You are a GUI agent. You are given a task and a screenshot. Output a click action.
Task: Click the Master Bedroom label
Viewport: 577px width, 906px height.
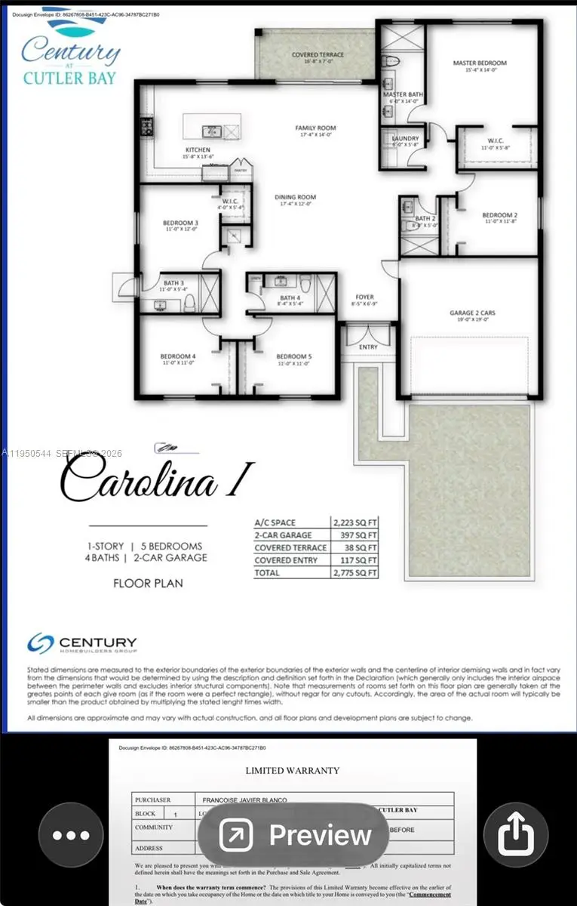point(479,63)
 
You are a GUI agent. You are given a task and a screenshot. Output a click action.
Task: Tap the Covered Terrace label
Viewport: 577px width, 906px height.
point(318,55)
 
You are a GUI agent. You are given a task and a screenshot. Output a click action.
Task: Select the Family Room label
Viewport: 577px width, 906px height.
point(315,128)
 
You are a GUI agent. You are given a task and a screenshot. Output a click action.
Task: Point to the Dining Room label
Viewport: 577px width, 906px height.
point(296,197)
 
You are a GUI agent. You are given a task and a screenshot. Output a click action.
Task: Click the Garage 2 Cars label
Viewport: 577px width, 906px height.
point(472,313)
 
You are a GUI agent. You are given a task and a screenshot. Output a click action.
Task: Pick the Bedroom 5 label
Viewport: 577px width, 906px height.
point(293,356)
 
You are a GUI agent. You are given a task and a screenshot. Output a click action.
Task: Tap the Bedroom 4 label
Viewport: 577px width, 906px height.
point(177,356)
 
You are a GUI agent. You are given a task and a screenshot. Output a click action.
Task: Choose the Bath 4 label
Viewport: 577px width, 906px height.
point(290,298)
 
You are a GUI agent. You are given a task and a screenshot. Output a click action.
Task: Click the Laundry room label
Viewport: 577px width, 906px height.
point(405,139)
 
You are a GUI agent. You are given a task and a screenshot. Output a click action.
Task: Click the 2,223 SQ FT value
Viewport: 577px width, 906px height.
point(354,522)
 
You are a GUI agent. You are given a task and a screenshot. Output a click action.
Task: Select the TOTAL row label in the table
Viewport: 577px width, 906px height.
point(267,573)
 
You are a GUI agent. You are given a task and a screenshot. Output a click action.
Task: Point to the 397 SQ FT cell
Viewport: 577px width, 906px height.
point(354,535)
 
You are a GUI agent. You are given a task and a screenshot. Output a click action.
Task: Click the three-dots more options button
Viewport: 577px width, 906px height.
point(71,835)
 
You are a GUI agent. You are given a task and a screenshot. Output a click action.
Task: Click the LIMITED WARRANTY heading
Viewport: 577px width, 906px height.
point(293,771)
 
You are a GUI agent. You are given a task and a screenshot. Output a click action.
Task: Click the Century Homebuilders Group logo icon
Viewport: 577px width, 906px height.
point(40,643)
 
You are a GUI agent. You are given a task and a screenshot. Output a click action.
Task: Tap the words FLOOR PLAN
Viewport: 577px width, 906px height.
point(148,583)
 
